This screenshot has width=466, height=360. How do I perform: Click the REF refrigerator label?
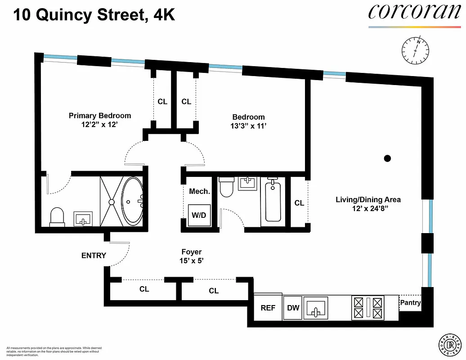[x=268, y=308]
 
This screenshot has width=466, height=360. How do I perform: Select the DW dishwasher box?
[x=293, y=308]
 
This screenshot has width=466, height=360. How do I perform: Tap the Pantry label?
[x=410, y=303]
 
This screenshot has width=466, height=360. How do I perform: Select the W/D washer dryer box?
[x=198, y=215]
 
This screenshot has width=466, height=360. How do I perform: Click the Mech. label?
[x=199, y=191]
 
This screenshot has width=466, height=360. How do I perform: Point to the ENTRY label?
[x=94, y=256]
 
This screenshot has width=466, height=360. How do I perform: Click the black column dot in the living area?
[x=387, y=158]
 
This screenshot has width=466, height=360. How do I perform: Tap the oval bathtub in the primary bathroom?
[x=132, y=201]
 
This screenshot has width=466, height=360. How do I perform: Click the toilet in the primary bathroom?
[x=57, y=216]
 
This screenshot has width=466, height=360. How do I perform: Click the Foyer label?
[x=191, y=252]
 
